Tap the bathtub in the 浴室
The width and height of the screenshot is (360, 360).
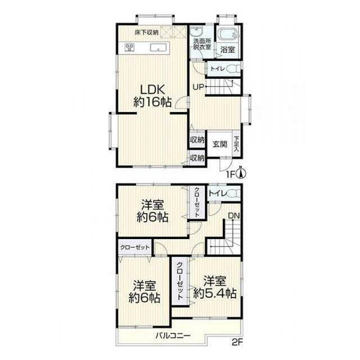coord(228,35)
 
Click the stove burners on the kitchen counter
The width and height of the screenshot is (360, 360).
coord(130,47)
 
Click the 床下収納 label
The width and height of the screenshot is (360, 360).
coord(146,33)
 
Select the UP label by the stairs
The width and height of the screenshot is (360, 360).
coord(198,87)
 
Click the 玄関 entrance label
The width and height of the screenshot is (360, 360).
coord(220,144)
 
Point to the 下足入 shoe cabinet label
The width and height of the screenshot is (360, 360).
coord(236,144)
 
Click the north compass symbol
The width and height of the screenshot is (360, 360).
coord(241,173)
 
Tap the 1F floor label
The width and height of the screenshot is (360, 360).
coord(230,175)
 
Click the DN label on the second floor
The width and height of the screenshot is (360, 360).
coord(234,215)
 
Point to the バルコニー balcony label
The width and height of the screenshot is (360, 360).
coord(173,336)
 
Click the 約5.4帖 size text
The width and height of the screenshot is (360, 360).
coord(215,293)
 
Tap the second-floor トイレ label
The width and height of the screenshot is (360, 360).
coord(217,193)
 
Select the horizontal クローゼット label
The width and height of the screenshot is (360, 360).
coord(135,247)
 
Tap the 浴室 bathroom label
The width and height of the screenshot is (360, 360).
coord(227,50)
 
